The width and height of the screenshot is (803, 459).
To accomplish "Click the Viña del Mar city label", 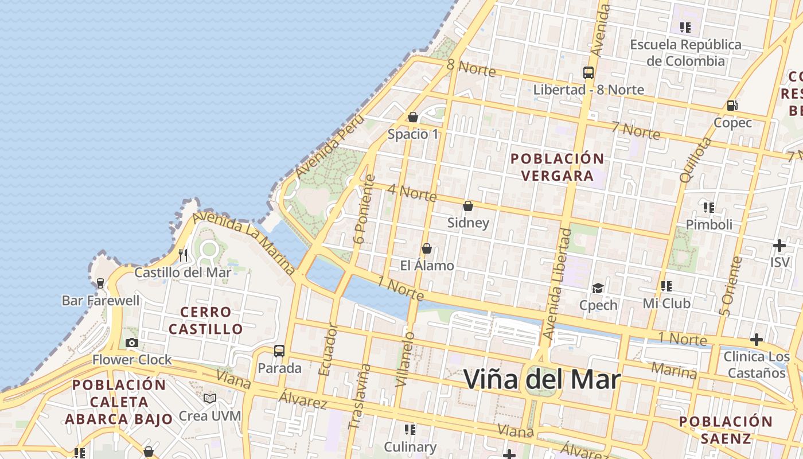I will [542, 379].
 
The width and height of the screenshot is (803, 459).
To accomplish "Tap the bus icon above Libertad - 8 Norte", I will [588, 73].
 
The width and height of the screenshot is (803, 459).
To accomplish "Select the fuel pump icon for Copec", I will [732, 106].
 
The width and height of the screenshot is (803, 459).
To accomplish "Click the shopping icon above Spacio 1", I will [413, 118].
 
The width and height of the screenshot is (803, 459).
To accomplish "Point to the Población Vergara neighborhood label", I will [557, 167].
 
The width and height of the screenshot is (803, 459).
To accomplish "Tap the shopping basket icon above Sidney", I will [468, 206].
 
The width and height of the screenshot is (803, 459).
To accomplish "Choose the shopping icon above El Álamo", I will [427, 248].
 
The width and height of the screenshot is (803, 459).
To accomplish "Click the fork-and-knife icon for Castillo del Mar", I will [184, 255].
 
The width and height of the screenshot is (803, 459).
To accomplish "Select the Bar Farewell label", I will [100, 300].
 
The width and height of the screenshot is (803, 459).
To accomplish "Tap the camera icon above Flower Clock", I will [132, 343].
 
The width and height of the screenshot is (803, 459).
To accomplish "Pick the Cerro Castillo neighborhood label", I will [206, 321].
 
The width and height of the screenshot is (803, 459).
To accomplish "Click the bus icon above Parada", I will [279, 351].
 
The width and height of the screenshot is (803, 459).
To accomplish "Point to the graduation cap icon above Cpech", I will [598, 288].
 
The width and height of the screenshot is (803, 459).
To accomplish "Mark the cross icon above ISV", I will [779, 246].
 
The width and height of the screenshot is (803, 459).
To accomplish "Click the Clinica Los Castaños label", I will [757, 365].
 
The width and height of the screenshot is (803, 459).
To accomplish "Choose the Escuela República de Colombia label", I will [685, 52].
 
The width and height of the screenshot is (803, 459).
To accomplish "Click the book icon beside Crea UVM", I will [210, 398].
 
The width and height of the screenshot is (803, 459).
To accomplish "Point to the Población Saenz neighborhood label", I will [726, 430].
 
